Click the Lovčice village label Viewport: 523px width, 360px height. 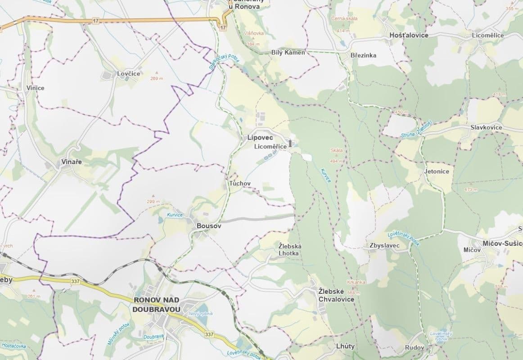point(129,73)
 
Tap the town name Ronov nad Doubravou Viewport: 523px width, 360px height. point(157,304)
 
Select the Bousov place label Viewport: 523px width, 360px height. point(209,226)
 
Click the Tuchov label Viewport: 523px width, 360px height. point(239,184)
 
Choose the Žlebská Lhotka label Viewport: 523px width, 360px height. point(290,250)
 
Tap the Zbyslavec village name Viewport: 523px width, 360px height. point(385,246)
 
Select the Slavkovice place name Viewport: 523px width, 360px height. point(486,127)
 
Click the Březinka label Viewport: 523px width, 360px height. point(363,55)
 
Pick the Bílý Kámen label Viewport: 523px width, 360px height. point(288,53)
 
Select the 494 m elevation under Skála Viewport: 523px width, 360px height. point(337,161)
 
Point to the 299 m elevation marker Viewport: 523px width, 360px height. point(153,202)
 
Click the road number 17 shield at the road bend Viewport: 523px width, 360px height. point(223,28)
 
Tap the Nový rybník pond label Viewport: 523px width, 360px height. point(201,313)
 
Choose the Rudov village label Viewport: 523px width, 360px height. point(414,347)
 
